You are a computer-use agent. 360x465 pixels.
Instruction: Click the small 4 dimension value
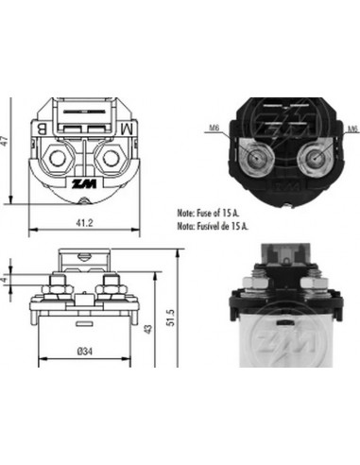7,280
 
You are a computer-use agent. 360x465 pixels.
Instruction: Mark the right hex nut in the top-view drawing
111,157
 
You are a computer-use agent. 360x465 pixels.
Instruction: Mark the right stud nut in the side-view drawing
111,283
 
